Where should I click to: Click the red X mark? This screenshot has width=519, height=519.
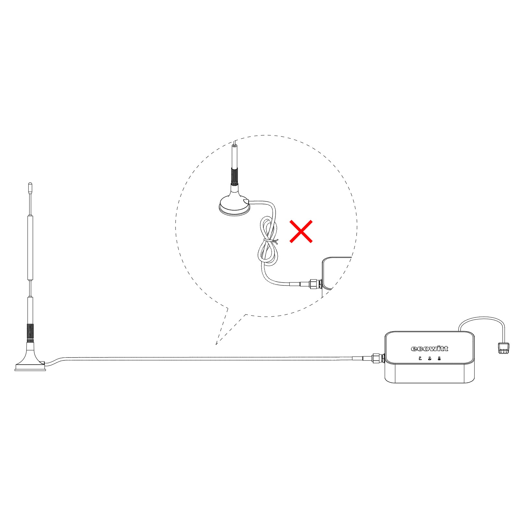301,231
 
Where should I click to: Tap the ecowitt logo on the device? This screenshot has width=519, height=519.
429,349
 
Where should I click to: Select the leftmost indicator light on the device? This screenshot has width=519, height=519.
420,358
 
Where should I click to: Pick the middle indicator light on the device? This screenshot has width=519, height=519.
429,358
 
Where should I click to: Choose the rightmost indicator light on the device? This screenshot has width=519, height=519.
439,358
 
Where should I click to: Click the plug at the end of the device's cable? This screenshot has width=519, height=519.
503,348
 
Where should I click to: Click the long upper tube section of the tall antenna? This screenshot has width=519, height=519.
30,247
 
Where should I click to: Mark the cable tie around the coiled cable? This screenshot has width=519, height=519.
271,241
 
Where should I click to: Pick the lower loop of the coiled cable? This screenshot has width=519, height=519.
268,255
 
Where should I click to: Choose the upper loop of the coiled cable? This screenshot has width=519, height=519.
269,227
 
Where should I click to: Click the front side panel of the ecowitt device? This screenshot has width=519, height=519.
430,373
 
